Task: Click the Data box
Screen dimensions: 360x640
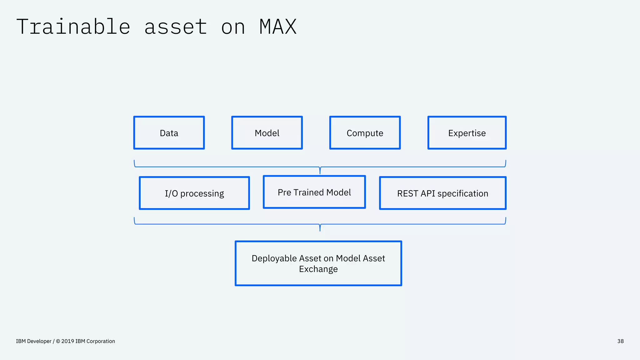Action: tap(169, 133)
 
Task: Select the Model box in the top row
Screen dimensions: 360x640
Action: tap(267, 133)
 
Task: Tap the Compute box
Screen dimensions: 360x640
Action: tap(365, 133)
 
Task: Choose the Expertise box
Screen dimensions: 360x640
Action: tap(467, 133)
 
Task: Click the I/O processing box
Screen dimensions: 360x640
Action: tap(194, 193)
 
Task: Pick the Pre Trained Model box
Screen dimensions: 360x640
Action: tap(314, 192)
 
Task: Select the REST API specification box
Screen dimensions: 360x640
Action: tap(442, 193)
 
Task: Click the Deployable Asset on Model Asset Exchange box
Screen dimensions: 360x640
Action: tap(318, 263)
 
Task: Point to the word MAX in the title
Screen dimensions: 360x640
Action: tap(278, 27)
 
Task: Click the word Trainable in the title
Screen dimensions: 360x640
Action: tap(73, 27)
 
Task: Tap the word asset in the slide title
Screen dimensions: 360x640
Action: tap(176, 27)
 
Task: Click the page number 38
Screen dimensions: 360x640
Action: tap(620, 341)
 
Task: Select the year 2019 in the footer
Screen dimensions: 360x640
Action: tap(67, 341)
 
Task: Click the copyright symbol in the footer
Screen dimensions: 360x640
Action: tap(58, 341)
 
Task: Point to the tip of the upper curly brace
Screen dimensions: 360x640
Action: tap(320, 173)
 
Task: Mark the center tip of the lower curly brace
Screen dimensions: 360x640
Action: tap(320, 230)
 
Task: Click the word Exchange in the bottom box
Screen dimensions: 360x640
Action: tap(318, 269)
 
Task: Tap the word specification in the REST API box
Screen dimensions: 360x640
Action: tap(462, 193)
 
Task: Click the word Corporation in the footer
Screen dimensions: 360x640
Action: tap(101, 341)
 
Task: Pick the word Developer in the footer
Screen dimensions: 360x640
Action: tap(39, 341)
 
